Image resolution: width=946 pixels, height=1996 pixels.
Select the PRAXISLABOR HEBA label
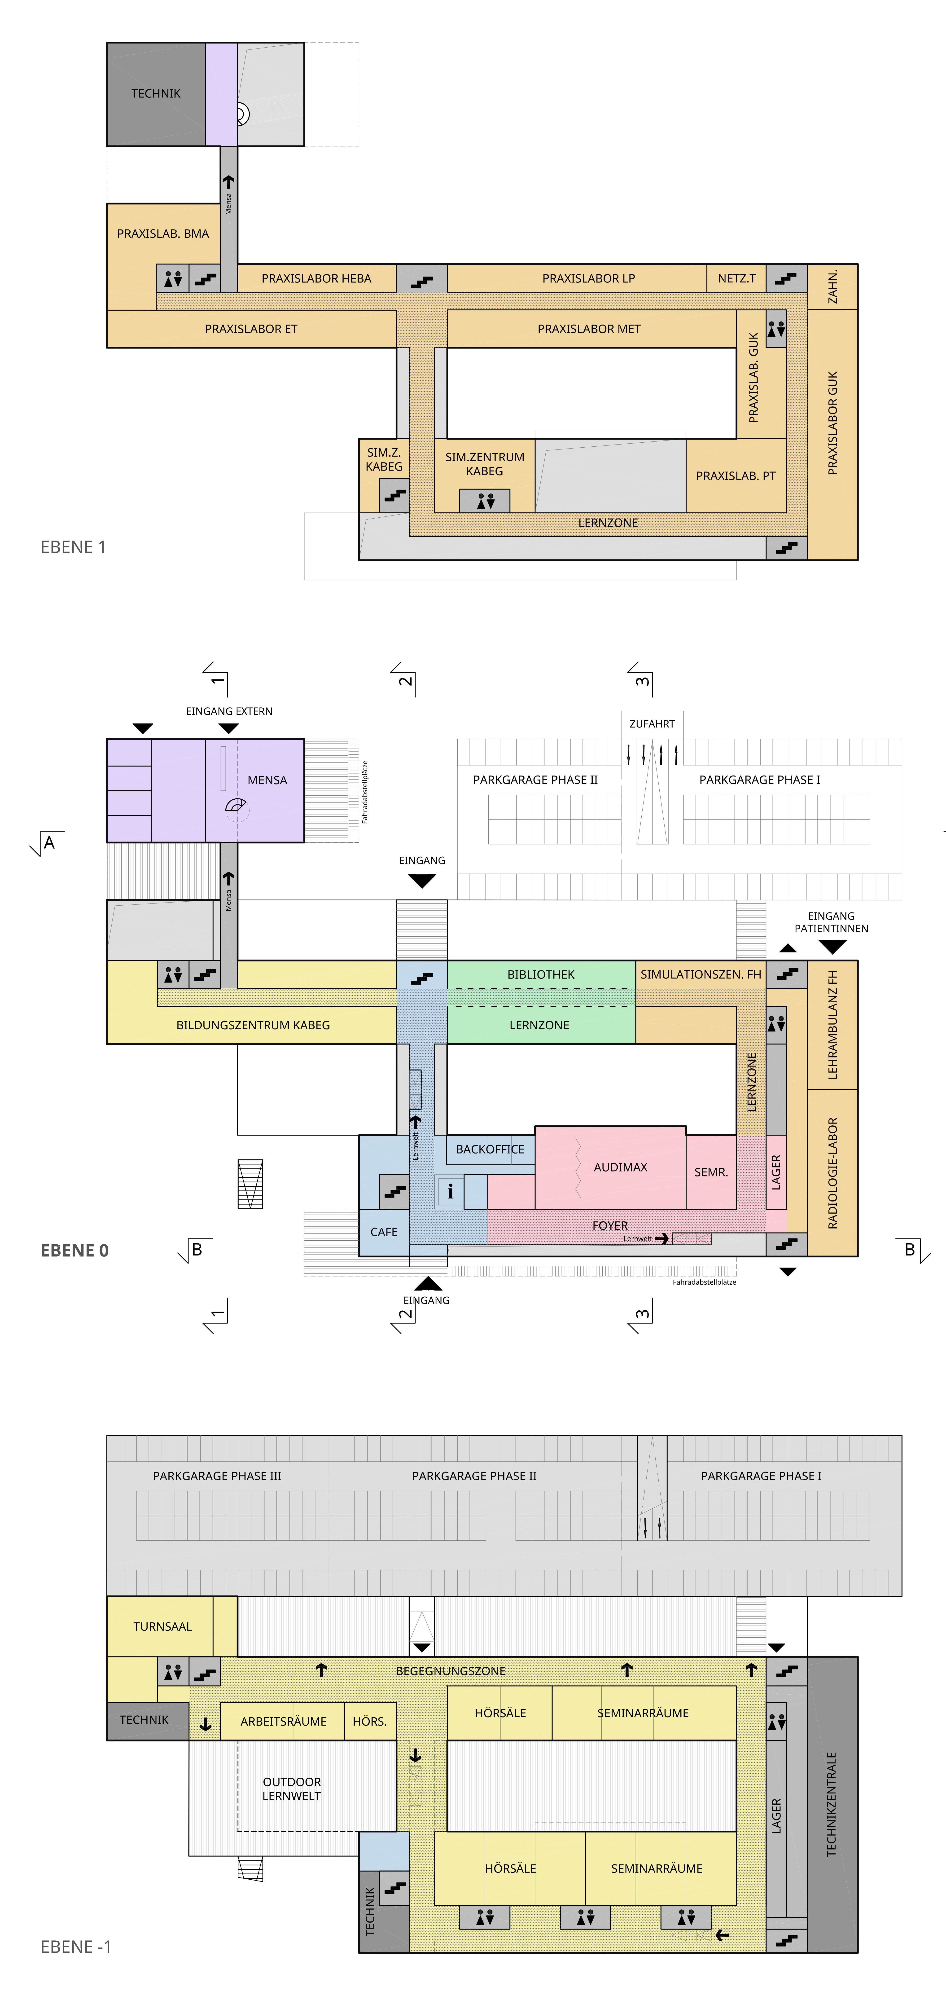click(x=316, y=278)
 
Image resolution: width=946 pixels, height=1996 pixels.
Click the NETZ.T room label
click(x=736, y=278)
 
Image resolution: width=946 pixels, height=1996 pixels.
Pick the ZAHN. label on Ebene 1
click(x=832, y=287)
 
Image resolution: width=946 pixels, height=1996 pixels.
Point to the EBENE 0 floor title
click(x=74, y=1251)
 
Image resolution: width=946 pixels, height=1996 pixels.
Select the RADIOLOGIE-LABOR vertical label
click(x=832, y=1173)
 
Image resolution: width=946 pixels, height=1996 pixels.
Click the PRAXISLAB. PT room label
click(x=735, y=476)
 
